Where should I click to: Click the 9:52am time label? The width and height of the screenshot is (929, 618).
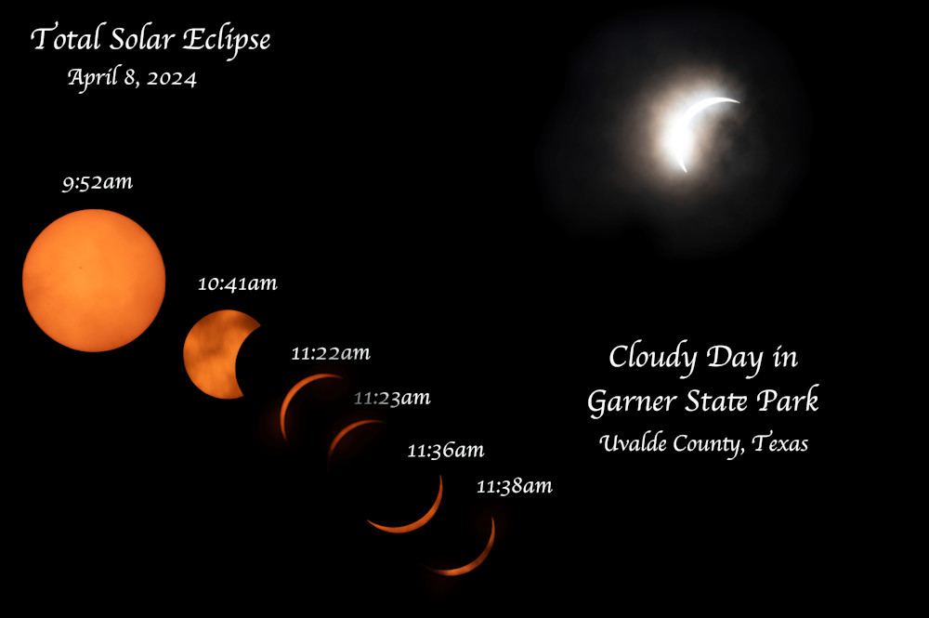coord(98,183)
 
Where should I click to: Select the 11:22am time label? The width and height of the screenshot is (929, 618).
coord(331,353)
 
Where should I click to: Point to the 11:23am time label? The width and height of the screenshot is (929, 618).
coord(392,399)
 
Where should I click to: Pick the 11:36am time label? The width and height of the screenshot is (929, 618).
coord(445,452)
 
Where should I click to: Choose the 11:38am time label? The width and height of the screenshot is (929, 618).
coord(514,486)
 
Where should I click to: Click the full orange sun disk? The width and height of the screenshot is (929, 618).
coord(94,281)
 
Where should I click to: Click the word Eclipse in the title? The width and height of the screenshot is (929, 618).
coord(226,40)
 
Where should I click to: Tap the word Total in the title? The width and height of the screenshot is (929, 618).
coord(60,39)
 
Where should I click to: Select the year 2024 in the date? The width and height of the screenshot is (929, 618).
coord(171,79)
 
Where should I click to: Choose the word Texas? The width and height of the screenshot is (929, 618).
coord(780,443)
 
